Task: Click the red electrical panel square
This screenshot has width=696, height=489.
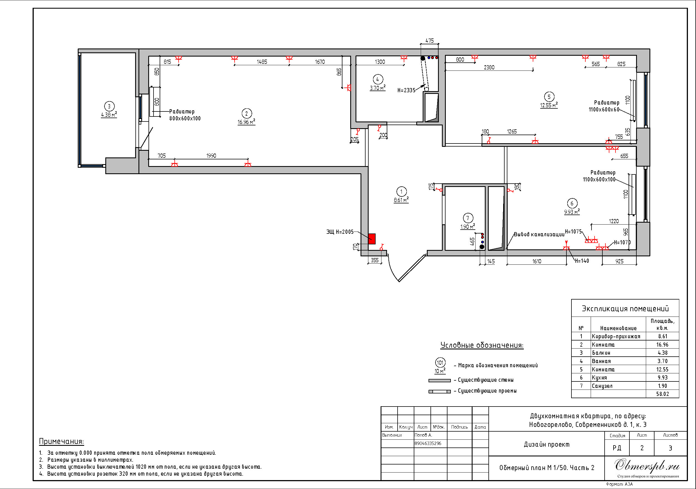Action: (372, 239)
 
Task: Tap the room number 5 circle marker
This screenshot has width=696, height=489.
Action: (549, 97)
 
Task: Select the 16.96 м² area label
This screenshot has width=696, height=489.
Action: (246, 122)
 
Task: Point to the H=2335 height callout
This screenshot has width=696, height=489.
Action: (406, 90)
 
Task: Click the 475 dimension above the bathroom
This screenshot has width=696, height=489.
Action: (430, 41)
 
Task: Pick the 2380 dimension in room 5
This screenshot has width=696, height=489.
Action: (489, 67)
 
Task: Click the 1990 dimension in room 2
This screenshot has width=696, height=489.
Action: (211, 155)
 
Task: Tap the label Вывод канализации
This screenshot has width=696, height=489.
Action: (539, 234)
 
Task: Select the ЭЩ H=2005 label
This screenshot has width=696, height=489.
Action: (340, 232)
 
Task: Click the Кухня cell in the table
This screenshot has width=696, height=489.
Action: (599, 378)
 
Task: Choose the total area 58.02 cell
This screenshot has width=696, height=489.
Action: (662, 394)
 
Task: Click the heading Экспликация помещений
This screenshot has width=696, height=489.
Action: (625, 309)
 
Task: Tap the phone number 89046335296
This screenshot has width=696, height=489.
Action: (428, 443)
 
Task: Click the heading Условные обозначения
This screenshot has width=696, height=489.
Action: (482, 345)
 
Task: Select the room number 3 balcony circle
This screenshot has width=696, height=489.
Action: (109, 106)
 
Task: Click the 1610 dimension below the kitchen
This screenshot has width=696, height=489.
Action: (537, 261)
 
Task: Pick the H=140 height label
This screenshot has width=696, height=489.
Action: (582, 261)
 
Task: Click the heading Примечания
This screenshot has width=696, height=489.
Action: (62, 441)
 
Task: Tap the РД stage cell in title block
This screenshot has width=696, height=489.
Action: (617, 448)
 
